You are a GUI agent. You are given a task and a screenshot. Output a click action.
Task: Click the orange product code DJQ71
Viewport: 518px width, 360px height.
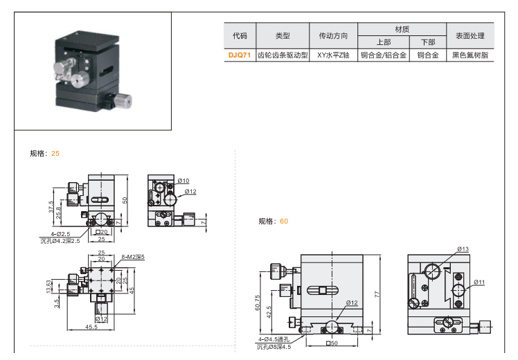pos(239,55)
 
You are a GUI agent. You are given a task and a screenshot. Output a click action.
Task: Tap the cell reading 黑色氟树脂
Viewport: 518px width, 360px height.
pos(470,55)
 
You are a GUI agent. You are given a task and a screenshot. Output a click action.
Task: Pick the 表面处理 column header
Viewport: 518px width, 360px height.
pos(470,35)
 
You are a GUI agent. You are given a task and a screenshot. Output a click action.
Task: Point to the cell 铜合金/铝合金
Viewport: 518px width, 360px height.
pos(383,55)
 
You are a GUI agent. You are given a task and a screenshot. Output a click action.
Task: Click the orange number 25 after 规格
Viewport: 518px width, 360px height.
pos(56,153)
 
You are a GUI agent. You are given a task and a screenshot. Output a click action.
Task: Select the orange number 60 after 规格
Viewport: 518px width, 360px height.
pos(284,222)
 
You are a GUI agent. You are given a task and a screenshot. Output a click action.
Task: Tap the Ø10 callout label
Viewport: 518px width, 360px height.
pos(184,181)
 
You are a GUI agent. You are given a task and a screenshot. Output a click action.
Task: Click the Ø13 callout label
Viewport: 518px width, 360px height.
pos(463,249)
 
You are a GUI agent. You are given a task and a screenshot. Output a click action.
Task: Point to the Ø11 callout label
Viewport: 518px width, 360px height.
pos(481,282)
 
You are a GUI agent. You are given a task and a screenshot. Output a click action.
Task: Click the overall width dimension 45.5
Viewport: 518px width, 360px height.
pos(91,327)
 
